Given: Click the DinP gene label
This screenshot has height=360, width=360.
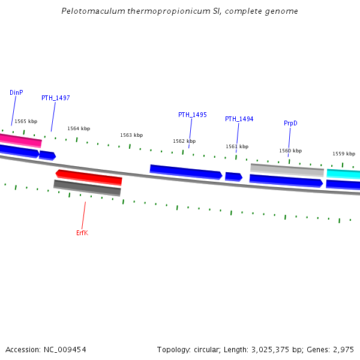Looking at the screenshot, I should [16, 93].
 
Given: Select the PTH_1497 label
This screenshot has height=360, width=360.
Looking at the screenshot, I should [55, 98].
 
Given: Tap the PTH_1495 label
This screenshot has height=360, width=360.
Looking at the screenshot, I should [192, 115].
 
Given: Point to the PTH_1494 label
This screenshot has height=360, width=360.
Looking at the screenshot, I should [239, 119].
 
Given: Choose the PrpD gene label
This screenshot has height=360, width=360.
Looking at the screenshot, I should [290, 123].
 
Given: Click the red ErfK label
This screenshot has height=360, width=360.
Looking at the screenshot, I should [82, 233].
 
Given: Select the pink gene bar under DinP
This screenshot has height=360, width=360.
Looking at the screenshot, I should [20, 140].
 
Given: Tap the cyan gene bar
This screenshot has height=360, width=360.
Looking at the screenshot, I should [344, 174].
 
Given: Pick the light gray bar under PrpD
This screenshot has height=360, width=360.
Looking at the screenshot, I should [287, 170].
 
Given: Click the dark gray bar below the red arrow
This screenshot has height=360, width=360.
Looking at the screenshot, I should [87, 187].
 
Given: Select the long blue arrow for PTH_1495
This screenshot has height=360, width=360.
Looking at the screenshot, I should [185, 172].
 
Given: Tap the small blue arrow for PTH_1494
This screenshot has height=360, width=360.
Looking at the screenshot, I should [233, 176].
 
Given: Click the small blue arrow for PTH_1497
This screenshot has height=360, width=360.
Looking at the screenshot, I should [47, 155].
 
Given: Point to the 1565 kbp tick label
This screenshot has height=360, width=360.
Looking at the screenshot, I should [26, 121].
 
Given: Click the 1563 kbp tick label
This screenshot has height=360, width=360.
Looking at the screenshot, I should [131, 135].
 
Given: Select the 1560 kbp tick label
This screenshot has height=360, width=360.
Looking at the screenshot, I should [290, 151].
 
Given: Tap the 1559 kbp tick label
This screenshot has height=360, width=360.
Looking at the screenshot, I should [344, 154].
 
